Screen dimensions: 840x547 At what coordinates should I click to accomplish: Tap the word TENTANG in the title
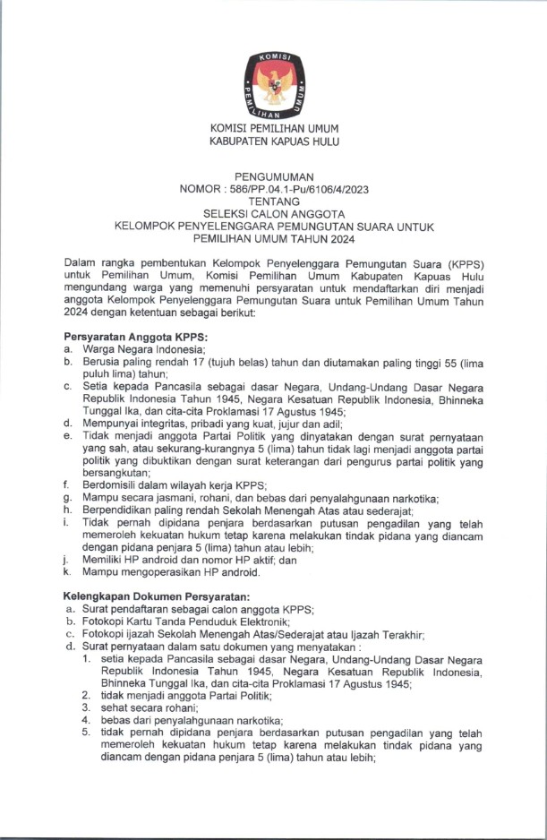[274, 202]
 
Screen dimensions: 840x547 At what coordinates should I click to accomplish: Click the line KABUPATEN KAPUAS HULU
[274, 141]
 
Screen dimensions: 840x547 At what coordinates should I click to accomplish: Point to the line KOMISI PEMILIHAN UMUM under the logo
[274, 129]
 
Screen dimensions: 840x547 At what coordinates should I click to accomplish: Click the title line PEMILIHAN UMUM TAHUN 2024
[274, 239]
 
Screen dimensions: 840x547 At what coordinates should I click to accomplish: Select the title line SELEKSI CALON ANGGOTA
[274, 215]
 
